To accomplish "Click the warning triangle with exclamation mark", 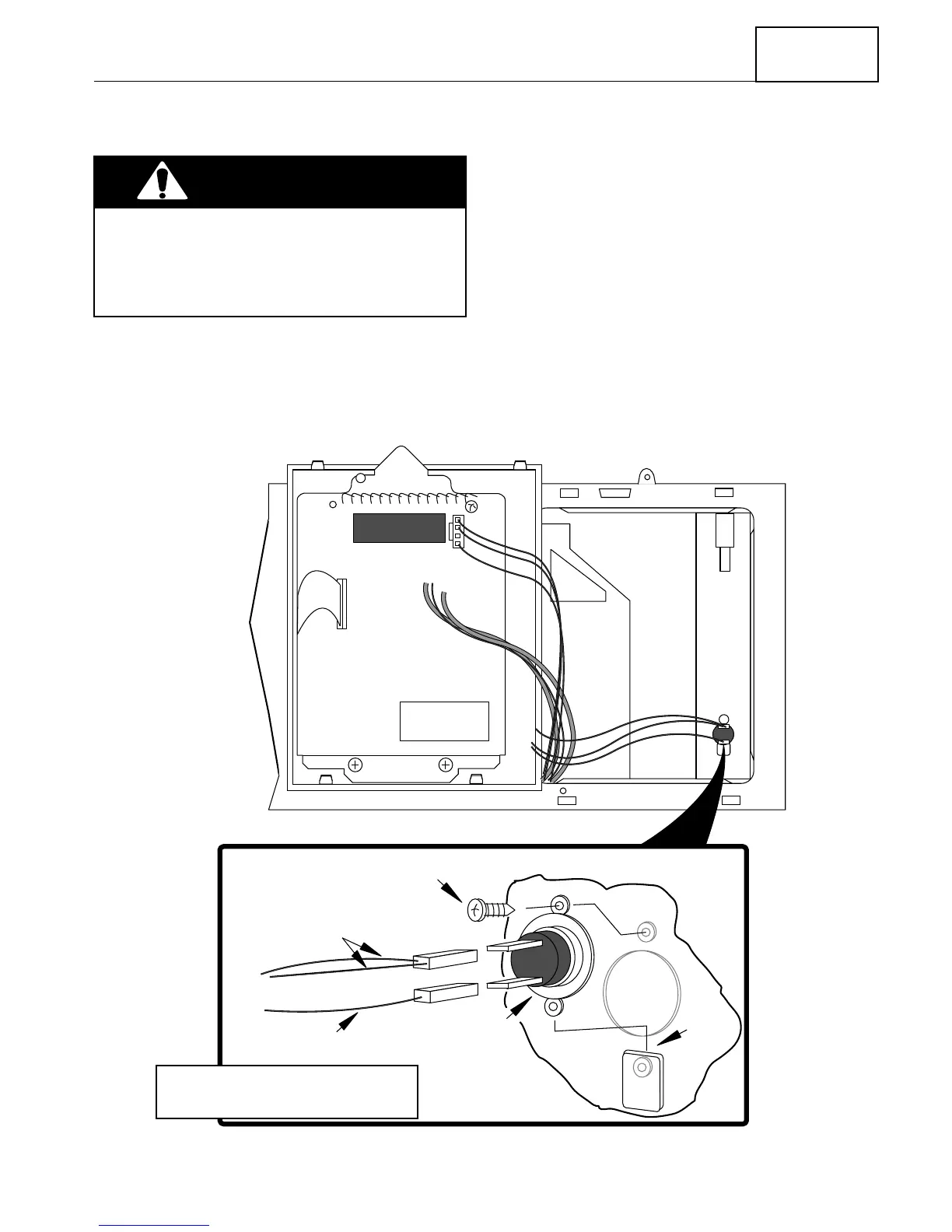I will pyautogui.click(x=162, y=181).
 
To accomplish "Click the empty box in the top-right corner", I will pyautogui.click(x=817, y=54).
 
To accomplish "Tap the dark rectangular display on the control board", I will pyautogui.click(x=399, y=528).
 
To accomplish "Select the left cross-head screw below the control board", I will pyautogui.click(x=355, y=765).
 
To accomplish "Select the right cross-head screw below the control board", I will pyautogui.click(x=446, y=765).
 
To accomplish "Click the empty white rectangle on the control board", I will pyautogui.click(x=444, y=721).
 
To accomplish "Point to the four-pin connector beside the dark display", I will pyautogui.click(x=457, y=532).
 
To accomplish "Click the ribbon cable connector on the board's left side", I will pyautogui.click(x=341, y=604).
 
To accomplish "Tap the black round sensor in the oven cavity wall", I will pyautogui.click(x=723, y=733).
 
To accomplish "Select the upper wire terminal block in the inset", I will pyautogui.click(x=445, y=961).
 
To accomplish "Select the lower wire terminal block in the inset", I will pyautogui.click(x=446, y=992).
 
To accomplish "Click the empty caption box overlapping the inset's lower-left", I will pyautogui.click(x=287, y=1091).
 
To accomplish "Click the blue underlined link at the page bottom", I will pyautogui.click(x=154, y=1225).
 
